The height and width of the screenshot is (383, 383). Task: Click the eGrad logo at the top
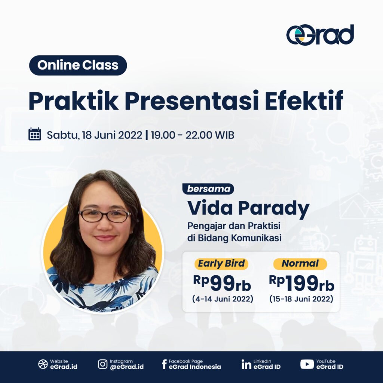[x=320, y=35]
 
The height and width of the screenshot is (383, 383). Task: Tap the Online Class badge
[x=78, y=65]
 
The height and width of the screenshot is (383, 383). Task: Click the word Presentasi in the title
[x=192, y=101]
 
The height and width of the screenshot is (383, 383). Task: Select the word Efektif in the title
[x=304, y=101]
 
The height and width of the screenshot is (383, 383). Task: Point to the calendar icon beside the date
[x=35, y=134]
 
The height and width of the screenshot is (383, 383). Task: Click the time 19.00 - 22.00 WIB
[x=193, y=135]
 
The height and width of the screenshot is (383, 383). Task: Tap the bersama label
[x=208, y=189]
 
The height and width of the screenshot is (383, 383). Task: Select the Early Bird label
[x=221, y=264]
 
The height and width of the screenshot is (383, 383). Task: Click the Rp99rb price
[x=222, y=283]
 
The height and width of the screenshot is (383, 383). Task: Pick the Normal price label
[x=300, y=264]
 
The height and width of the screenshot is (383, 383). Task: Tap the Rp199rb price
[x=301, y=283]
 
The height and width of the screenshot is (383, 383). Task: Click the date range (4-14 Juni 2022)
[x=223, y=299]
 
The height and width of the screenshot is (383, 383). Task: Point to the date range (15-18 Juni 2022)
[x=301, y=299]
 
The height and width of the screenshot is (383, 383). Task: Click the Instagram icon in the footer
[x=102, y=364]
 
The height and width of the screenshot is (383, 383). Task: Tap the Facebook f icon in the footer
[x=164, y=364]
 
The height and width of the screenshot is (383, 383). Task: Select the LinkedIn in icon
[x=246, y=364]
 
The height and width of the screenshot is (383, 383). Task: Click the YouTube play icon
[x=307, y=364]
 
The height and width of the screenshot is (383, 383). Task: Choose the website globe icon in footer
[x=43, y=364]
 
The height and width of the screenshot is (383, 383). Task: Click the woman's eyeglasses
[x=105, y=216]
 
